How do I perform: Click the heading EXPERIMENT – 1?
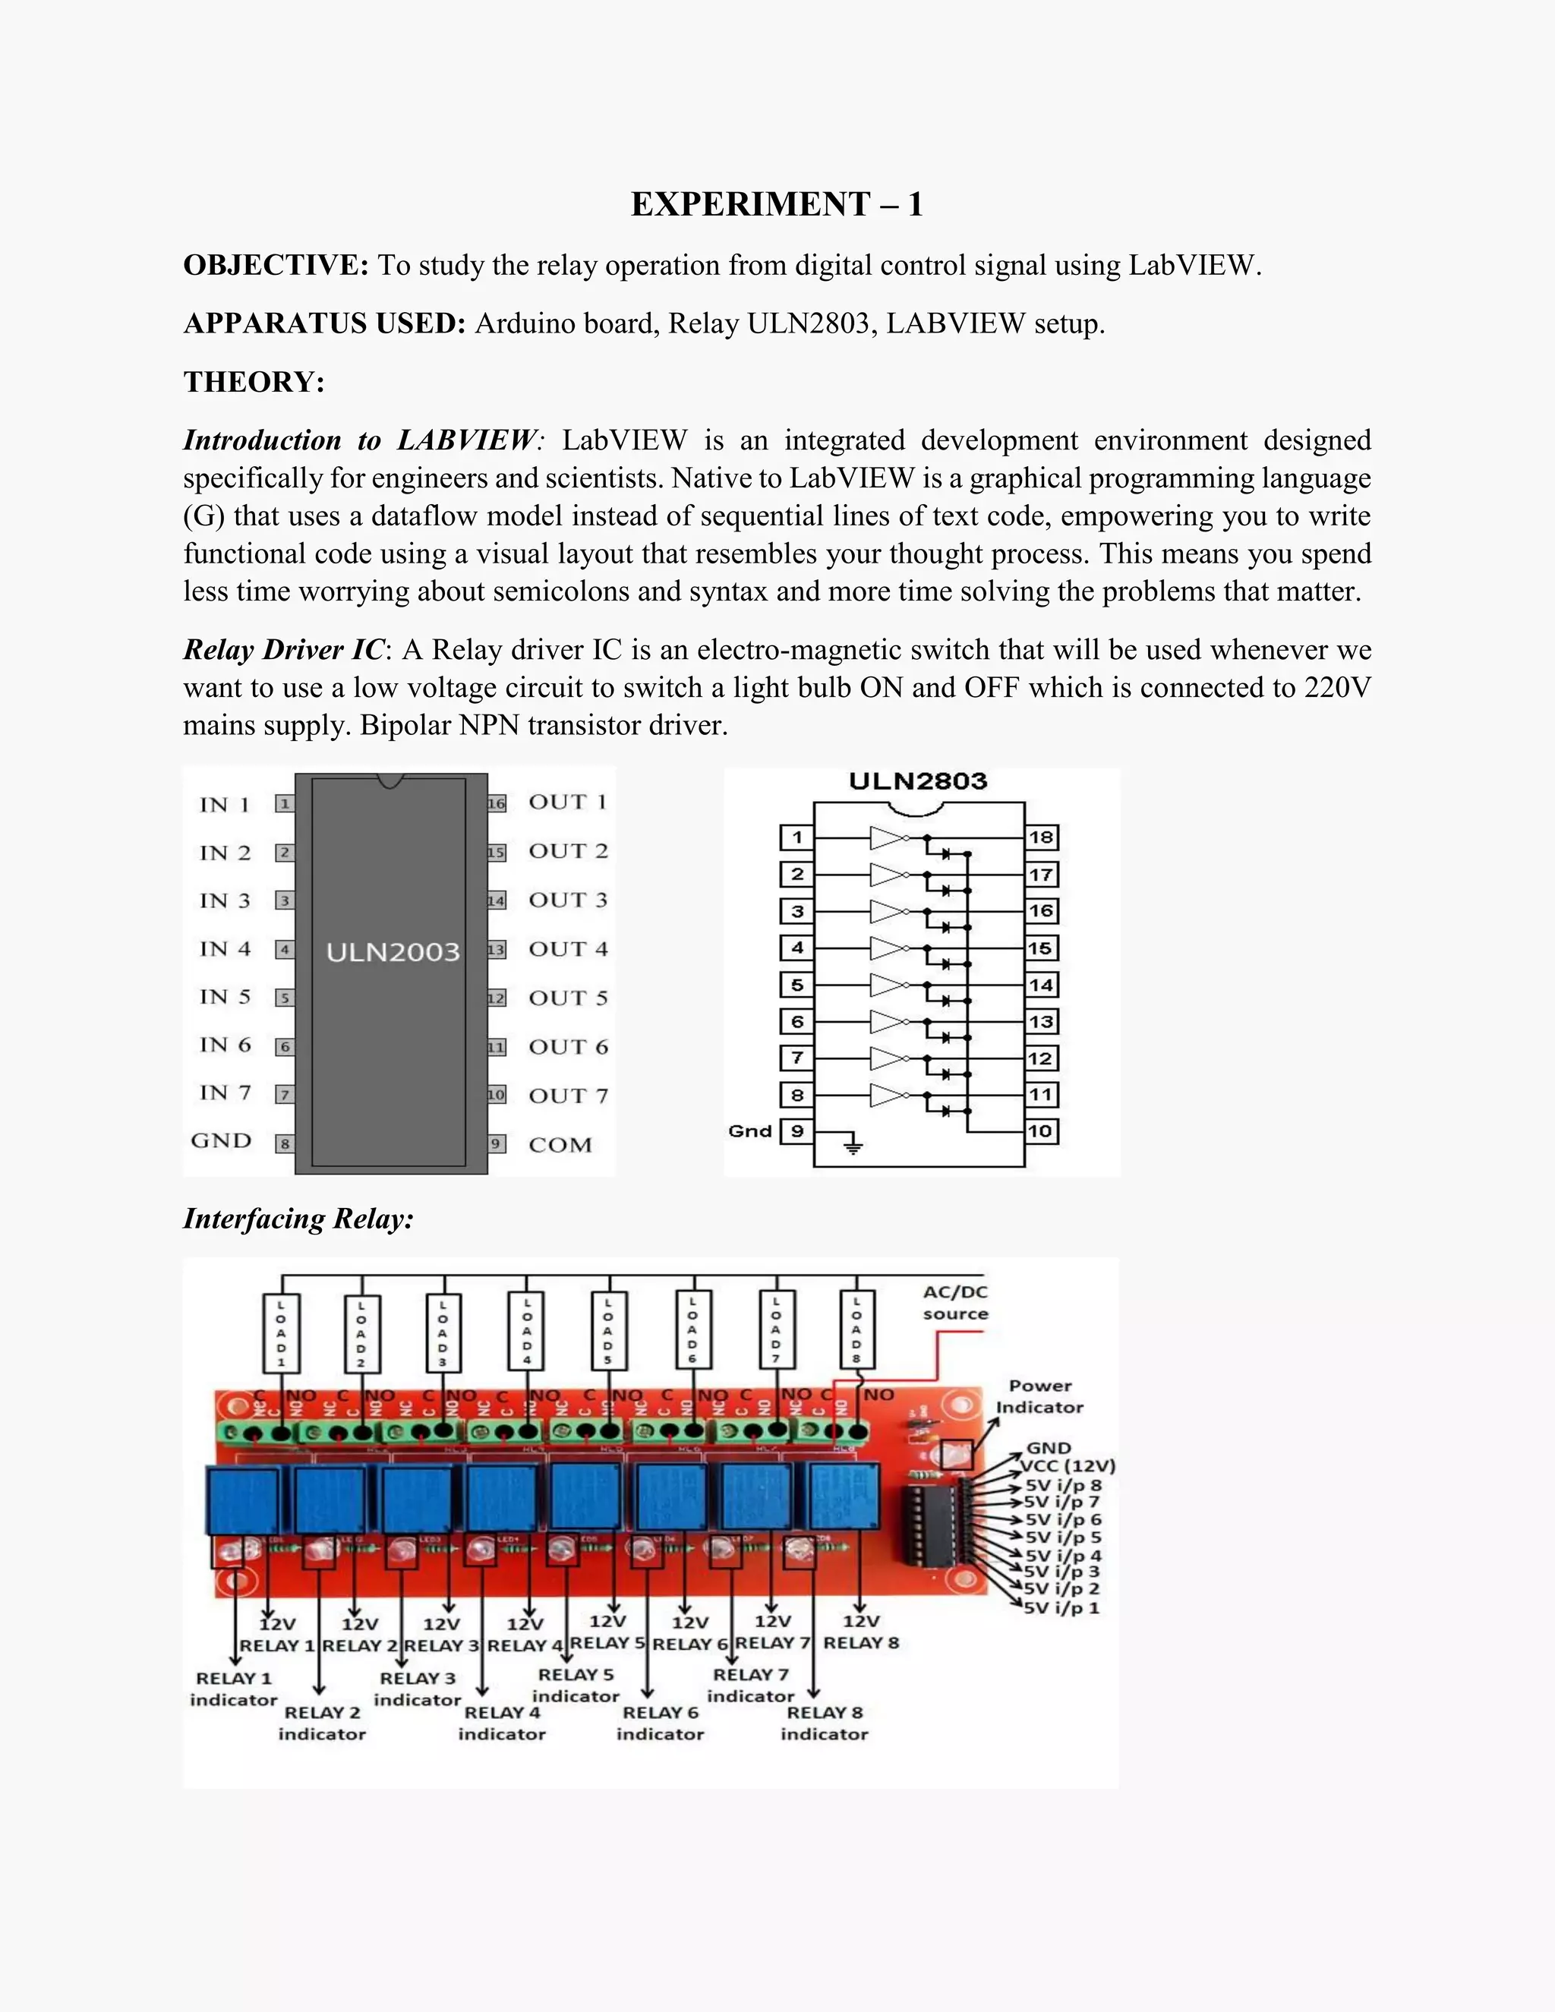(x=777, y=203)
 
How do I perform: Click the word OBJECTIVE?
(x=276, y=265)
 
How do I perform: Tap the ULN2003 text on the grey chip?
(x=393, y=951)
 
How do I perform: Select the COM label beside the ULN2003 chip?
(x=560, y=1145)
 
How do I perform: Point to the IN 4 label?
(x=225, y=949)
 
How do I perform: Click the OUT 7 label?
(x=569, y=1096)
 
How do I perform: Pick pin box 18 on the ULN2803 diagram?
(x=1041, y=837)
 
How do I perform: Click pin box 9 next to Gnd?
(x=796, y=1131)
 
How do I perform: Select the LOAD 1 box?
(x=282, y=1332)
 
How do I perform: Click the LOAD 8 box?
(x=856, y=1329)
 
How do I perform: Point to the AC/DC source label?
(x=955, y=1303)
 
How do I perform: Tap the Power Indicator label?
(x=1039, y=1395)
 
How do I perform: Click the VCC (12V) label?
(x=1068, y=1465)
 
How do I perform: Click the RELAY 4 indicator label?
(x=502, y=1723)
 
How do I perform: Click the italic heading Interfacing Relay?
(x=298, y=1219)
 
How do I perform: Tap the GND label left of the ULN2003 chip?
(x=221, y=1140)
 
